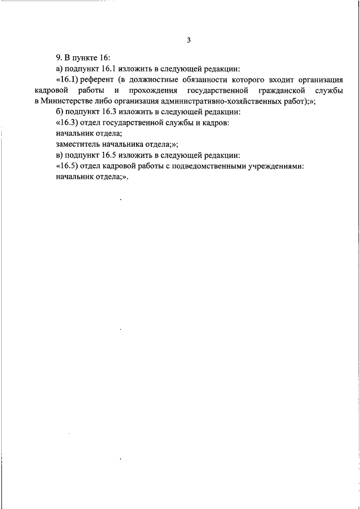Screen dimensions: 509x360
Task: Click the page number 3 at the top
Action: pyautogui.click(x=190, y=40)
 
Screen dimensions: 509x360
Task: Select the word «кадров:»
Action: pyautogui.click(x=214, y=123)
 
